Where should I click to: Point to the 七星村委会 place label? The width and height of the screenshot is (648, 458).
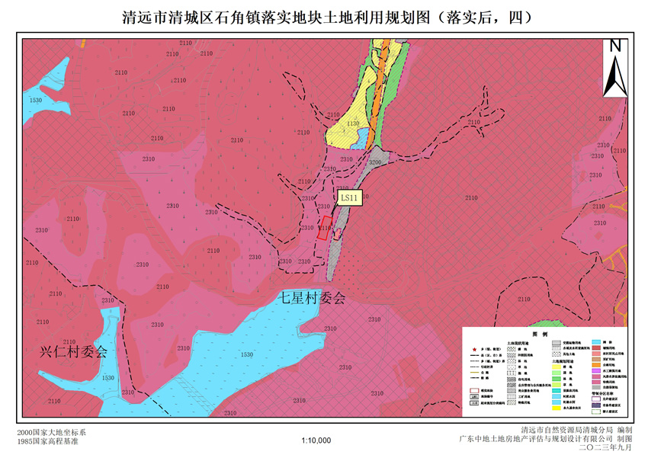(311, 299)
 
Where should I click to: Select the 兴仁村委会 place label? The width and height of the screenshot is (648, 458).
(74, 352)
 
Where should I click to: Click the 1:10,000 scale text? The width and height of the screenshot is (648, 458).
(316, 440)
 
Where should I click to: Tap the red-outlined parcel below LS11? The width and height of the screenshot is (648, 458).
(325, 229)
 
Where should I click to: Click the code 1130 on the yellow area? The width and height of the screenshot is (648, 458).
(351, 123)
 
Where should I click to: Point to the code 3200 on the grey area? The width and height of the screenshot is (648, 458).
(374, 162)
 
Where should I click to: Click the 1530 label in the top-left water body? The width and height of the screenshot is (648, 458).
(35, 100)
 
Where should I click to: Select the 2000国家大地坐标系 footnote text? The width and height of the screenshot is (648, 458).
(52, 432)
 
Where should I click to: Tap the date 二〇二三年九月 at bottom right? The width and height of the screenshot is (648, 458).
(606, 448)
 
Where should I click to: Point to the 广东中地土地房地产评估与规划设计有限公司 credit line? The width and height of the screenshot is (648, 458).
(545, 440)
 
